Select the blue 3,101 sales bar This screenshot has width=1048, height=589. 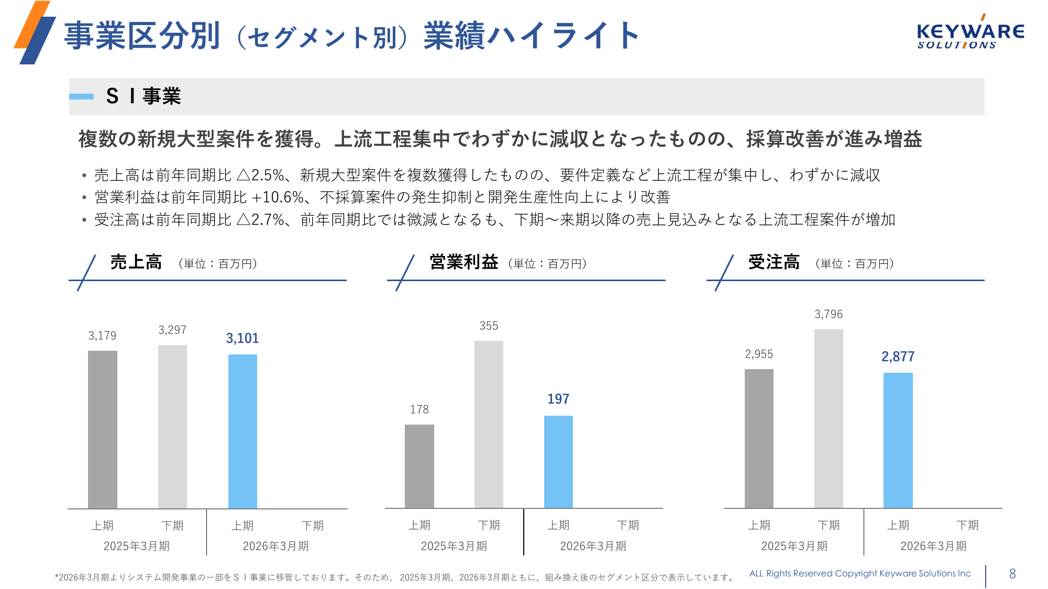[x=242, y=431]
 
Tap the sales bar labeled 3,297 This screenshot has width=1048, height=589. [x=172, y=426]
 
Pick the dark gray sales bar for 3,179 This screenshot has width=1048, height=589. [x=103, y=429]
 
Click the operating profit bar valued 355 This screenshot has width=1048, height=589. [x=489, y=424]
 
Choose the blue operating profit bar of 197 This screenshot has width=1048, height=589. [x=558, y=462]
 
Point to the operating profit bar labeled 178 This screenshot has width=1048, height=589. [x=420, y=466]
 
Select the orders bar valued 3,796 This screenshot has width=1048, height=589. [x=829, y=418]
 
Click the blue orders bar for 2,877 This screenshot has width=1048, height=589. [x=898, y=440]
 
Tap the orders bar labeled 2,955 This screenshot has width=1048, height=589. [x=759, y=438]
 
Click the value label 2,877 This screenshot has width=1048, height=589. [x=898, y=357]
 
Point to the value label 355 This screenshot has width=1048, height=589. [x=489, y=326]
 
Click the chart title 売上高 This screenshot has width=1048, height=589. [x=136, y=262]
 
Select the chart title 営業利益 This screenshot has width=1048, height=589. [x=464, y=262]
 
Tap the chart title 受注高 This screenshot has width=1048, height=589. [x=774, y=262]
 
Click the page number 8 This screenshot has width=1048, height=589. [x=1012, y=574]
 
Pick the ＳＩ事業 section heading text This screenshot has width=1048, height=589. [x=144, y=96]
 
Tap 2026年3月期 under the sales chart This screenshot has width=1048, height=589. [x=275, y=546]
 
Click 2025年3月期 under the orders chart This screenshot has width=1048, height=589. [x=794, y=546]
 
